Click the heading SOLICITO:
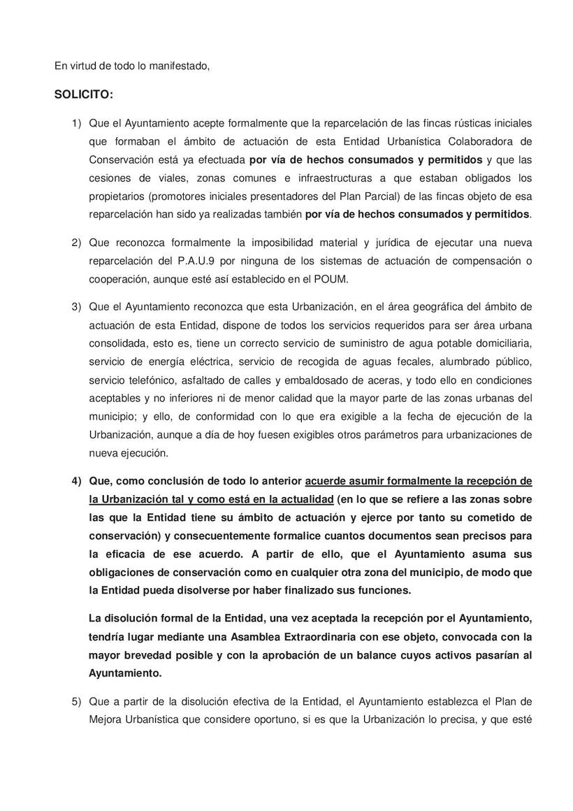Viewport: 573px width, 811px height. [x=83, y=94]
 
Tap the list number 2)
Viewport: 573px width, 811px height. [x=77, y=243]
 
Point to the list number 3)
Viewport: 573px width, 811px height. [x=77, y=307]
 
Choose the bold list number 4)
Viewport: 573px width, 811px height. [x=77, y=481]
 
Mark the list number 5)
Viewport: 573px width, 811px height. [x=77, y=701]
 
